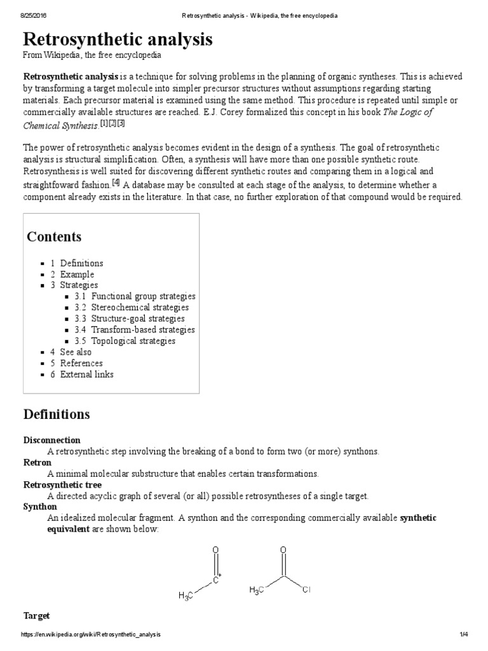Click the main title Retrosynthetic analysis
tap(118, 39)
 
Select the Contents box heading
tap(54, 237)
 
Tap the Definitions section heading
tap(57, 415)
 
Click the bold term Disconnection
tap(52, 440)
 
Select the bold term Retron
tap(37, 462)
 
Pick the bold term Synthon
tap(40, 507)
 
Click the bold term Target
tap(36, 616)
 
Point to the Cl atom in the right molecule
tap(306, 589)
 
